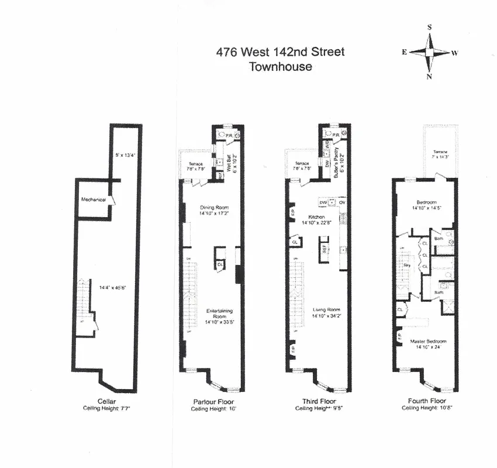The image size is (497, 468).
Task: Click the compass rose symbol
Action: click(429, 52)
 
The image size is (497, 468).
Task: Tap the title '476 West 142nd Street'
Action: click(280, 51)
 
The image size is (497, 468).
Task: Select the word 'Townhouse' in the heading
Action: click(281, 66)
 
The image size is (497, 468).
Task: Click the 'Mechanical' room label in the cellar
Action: click(94, 199)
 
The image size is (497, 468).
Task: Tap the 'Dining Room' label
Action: click(213, 208)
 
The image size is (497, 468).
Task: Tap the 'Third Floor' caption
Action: click(318, 402)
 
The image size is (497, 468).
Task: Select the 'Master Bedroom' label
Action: click(428, 341)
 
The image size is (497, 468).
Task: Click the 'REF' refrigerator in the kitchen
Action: click(323, 247)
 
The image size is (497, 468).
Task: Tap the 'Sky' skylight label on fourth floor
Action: click(408, 265)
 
